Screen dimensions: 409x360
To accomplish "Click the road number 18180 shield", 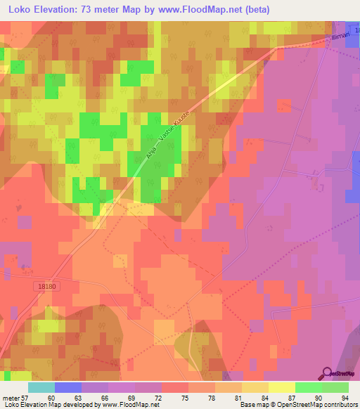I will pos(43,285).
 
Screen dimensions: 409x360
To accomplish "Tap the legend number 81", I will pos(240,398).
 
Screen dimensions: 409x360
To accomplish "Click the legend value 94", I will pos(345,398).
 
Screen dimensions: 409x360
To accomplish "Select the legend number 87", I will pos(293,398).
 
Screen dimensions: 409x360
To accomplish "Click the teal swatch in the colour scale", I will pos(41,387).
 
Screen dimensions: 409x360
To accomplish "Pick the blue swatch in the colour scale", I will pos(67,387).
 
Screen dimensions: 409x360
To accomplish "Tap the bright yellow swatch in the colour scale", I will pos(281,387).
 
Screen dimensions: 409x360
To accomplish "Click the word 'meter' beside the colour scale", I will pos(9,398).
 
